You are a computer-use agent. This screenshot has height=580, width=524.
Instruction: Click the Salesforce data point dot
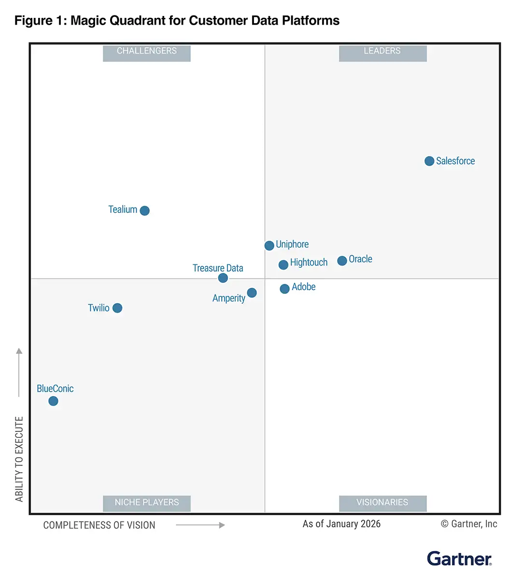429,161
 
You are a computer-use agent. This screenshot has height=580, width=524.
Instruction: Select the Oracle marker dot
342,261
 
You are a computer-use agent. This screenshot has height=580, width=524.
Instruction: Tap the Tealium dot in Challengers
144,210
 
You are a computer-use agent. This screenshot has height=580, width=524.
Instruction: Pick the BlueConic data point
54,401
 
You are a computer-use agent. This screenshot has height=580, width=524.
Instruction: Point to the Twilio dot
117,308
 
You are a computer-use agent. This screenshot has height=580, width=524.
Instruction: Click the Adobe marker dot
284,289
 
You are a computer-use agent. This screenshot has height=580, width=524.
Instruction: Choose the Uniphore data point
269,246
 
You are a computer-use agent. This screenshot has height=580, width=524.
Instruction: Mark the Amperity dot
252,292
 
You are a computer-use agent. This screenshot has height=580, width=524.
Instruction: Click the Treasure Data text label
218,268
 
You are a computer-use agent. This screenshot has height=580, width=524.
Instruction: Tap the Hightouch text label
309,262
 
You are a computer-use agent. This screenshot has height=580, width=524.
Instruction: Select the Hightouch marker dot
283,264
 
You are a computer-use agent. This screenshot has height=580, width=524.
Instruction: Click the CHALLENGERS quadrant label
147,51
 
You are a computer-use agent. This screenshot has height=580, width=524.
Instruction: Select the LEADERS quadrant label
382,51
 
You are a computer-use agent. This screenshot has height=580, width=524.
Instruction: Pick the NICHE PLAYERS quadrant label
147,503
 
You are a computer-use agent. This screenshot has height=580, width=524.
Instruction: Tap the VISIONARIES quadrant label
382,503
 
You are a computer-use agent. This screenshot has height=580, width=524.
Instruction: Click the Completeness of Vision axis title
99,525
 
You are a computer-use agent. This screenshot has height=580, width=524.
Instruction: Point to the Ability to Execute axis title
19,459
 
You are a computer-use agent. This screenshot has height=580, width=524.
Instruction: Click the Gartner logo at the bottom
459,559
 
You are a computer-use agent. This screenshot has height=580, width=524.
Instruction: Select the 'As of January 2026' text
341,524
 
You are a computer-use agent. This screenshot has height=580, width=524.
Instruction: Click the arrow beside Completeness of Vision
200,525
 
